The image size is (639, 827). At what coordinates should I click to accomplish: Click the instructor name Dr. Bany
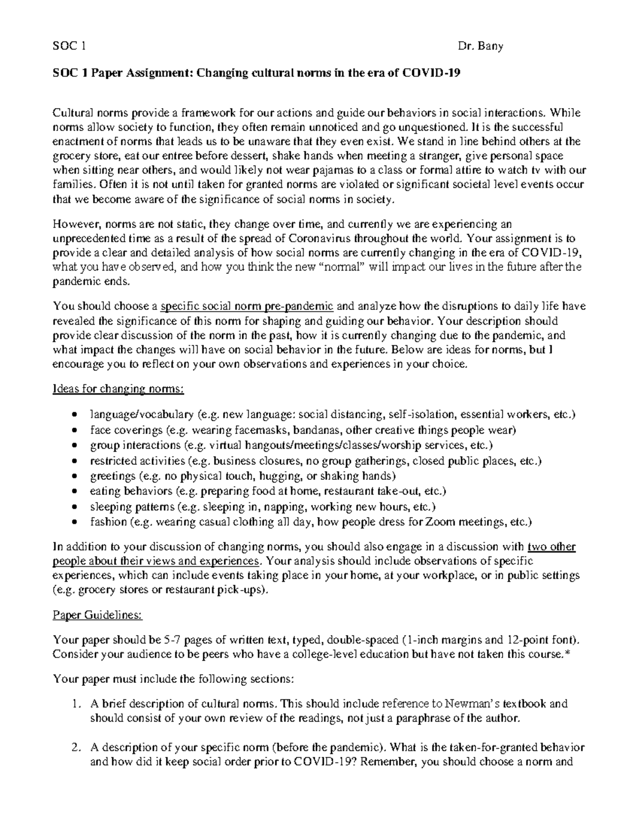point(480,46)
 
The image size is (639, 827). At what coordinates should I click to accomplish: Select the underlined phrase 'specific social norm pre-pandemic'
point(247,306)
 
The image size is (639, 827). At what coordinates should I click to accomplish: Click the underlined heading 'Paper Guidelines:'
point(97,616)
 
